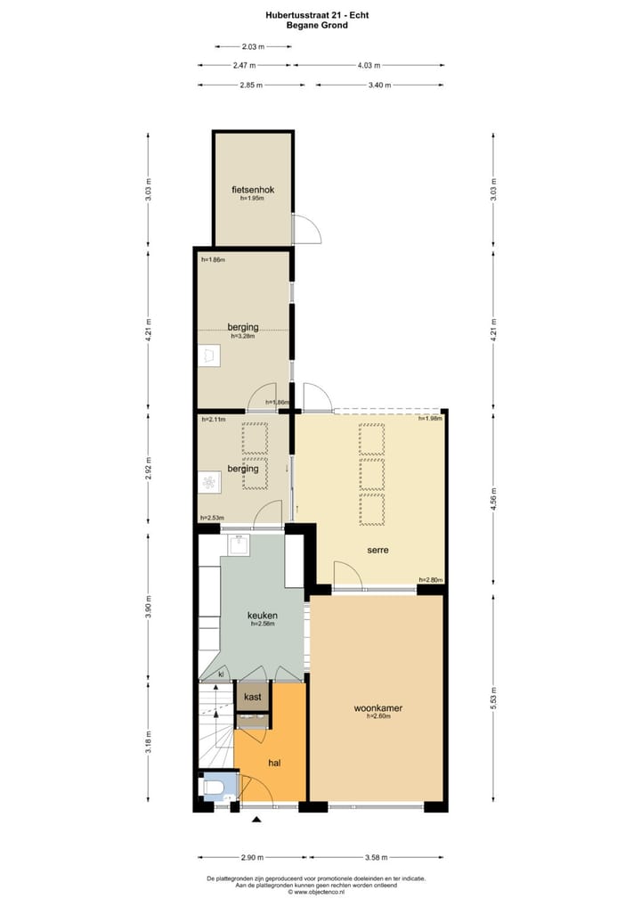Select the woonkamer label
[377, 708]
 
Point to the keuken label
[263, 615]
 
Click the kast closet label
[252, 697]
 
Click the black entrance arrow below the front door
[257, 819]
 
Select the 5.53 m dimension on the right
[495, 699]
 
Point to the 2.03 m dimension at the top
[253, 46]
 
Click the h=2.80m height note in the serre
[430, 580]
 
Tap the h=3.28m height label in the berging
[244, 337]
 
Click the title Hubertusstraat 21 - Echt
[317, 14]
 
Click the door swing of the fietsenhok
[304, 230]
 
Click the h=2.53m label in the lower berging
[212, 518]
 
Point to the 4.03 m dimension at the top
[369, 65]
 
